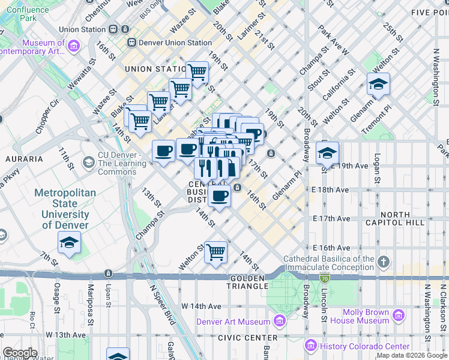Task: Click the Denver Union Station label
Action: point(175,43)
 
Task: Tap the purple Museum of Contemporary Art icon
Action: point(74,46)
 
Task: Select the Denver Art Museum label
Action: point(234,322)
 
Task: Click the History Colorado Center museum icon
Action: point(310,346)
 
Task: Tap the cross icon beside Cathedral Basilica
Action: point(384,262)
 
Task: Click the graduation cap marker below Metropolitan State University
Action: point(69,243)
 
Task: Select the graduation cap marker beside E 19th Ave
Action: point(327,153)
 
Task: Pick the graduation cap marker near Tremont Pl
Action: point(378,85)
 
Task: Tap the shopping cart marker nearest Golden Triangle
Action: point(215,252)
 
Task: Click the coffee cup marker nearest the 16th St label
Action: point(220,196)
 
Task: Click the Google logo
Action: point(20,353)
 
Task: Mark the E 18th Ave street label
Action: point(331,190)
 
